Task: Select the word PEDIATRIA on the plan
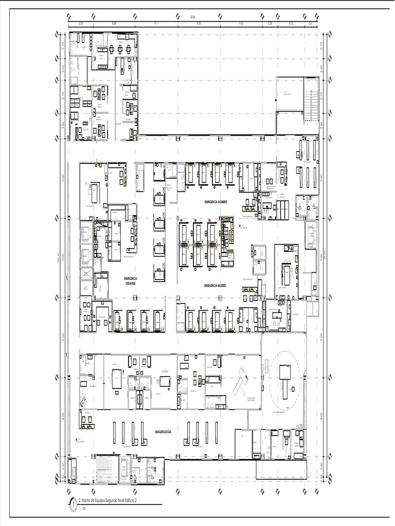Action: pyautogui.click(x=132, y=283)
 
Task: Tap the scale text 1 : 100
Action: pyautogui.click(x=82, y=509)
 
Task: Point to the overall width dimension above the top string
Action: pyautogui.click(x=193, y=17)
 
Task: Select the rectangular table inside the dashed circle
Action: pyautogui.click(x=285, y=372)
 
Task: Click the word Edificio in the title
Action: pyautogui.click(x=128, y=500)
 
